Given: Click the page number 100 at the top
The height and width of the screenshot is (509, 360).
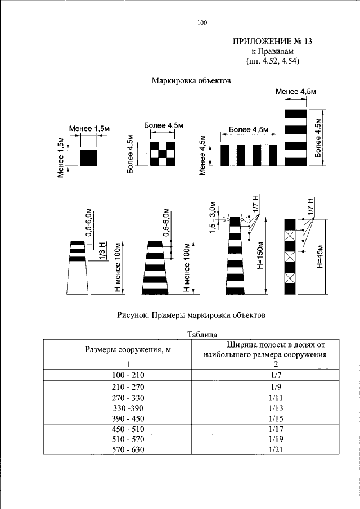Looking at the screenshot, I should (x=202, y=23).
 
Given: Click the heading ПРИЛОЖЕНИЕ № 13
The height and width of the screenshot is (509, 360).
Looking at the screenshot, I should (x=272, y=42).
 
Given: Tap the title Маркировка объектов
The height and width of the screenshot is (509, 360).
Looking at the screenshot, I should (x=191, y=80).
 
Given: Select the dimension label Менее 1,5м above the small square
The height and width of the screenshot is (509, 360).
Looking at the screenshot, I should (x=89, y=129).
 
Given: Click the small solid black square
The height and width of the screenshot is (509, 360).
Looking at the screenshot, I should (x=89, y=157).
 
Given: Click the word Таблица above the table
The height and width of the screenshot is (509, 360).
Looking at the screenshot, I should (x=202, y=335).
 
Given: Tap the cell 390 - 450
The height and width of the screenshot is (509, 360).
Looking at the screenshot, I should (x=128, y=417).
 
